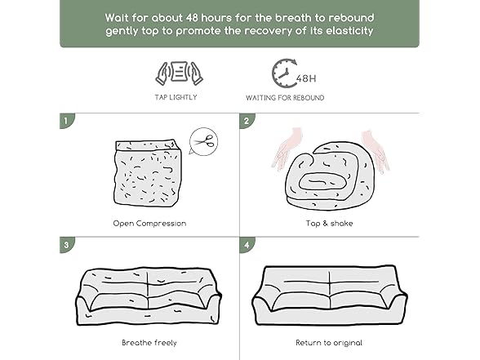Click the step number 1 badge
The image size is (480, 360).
66,121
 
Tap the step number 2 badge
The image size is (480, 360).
247,121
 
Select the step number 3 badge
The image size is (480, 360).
66,245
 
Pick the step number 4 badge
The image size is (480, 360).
247,245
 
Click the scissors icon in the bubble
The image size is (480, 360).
203,141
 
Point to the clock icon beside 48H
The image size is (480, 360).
284,73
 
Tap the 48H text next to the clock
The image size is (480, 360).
306,78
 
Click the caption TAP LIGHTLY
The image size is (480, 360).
176,97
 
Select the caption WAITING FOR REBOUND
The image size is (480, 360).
285,98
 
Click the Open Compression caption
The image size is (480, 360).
149,224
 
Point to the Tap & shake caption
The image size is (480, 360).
330,224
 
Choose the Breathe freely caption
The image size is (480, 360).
149,343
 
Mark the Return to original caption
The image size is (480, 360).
329,343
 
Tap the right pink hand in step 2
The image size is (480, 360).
376,151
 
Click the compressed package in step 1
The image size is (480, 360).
148,173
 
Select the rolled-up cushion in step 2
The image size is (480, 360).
330,176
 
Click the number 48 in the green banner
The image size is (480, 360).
192,18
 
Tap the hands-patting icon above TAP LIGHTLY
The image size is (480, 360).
179,73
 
